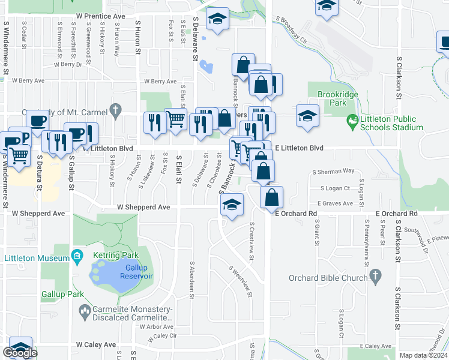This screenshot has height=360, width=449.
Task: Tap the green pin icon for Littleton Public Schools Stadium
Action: pyautogui.click(x=352, y=120)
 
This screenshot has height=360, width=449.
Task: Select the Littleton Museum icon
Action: pyautogui.click(x=77, y=258)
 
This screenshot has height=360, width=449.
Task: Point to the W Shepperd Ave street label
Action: pyautogui.click(x=143, y=207)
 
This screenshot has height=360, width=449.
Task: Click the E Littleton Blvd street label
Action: pyautogui.click(x=299, y=148)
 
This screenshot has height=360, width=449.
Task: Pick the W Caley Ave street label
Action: pyautogui.click(x=95, y=344)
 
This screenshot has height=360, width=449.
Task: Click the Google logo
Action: pyautogui.click(x=20, y=353)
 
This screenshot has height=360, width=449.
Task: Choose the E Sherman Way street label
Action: pyautogui.click(x=333, y=171)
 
